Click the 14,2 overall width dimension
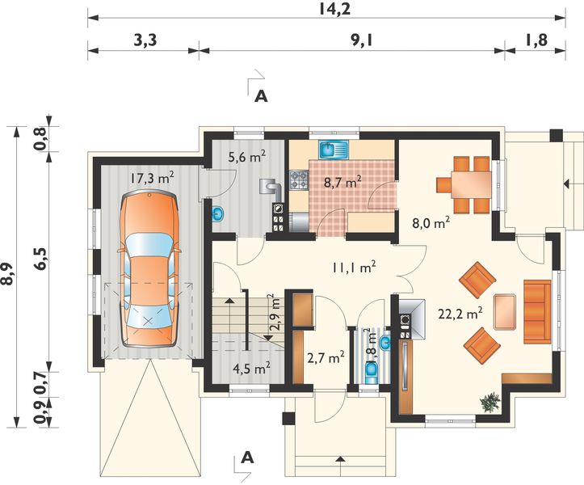335,9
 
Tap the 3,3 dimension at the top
145,40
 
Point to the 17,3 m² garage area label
152,178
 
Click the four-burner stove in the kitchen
299,179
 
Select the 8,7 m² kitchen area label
342,183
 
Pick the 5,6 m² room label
246,157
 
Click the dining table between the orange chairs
471,184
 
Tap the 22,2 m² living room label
460,314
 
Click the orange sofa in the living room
537,311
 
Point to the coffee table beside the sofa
505,312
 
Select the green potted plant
490,403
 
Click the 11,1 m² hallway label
353,267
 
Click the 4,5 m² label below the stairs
251,369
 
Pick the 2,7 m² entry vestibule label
326,357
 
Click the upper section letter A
261,96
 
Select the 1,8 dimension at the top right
536,40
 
